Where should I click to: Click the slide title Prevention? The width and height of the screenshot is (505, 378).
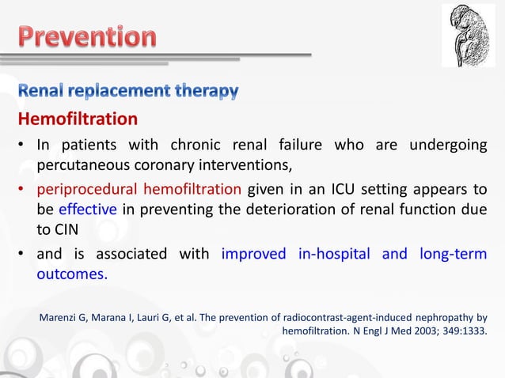pyautogui.click(x=88, y=37)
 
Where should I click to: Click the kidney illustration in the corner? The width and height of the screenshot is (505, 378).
pyautogui.click(x=468, y=36)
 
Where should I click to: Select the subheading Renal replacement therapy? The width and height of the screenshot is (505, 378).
pyautogui.click(x=128, y=93)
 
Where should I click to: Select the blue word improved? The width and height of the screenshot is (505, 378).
pyautogui.click(x=254, y=254)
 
